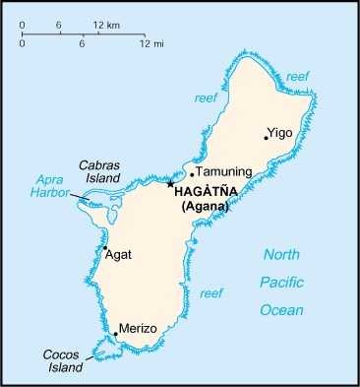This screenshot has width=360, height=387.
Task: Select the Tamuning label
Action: point(224,171)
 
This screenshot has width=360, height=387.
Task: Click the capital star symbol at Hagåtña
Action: point(170,184)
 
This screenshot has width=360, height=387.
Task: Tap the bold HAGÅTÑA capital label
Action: point(210,192)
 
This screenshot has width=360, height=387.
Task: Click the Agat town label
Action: point(119,254)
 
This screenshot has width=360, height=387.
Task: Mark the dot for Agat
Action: point(105,248)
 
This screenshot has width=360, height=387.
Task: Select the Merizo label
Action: point(138,328)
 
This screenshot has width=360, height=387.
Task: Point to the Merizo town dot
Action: point(116,334)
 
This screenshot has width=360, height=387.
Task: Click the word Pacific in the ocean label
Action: point(281,283)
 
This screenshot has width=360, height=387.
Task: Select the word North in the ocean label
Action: point(281,255)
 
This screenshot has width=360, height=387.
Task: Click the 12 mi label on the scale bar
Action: point(150,44)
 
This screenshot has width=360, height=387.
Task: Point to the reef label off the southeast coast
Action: point(210,293)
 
